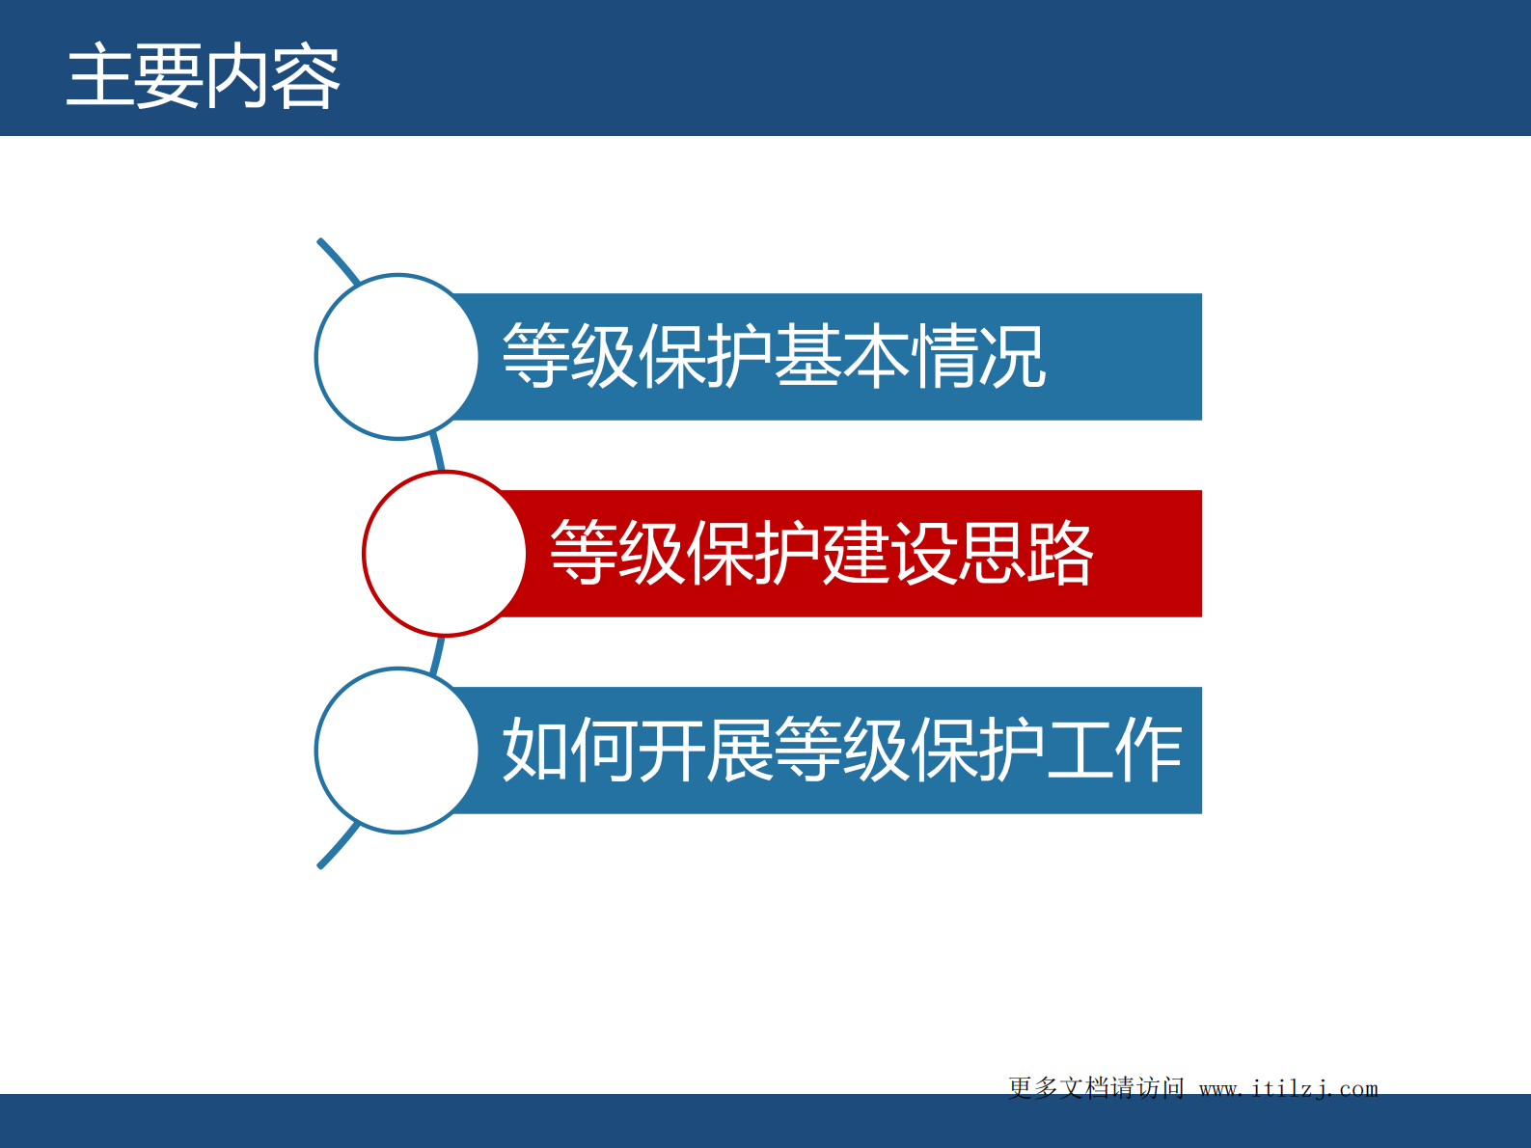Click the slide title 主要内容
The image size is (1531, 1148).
tap(203, 77)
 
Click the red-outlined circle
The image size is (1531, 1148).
tap(445, 554)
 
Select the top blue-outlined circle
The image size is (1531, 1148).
tap(396, 357)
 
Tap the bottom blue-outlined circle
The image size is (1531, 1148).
tap(396, 751)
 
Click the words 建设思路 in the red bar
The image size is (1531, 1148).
tap(957, 554)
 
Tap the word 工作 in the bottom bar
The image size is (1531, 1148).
tap(1114, 751)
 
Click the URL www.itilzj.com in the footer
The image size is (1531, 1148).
tap(1288, 1088)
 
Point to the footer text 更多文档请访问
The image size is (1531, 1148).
tap(1096, 1088)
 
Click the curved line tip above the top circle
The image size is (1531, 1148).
tap(328, 250)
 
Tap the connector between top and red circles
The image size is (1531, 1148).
tap(438, 453)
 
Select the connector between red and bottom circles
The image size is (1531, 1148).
tap(438, 654)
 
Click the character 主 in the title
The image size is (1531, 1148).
tap(98, 77)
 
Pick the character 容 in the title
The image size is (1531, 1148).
tap(306, 77)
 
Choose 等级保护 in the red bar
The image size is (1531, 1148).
tap(685, 554)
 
